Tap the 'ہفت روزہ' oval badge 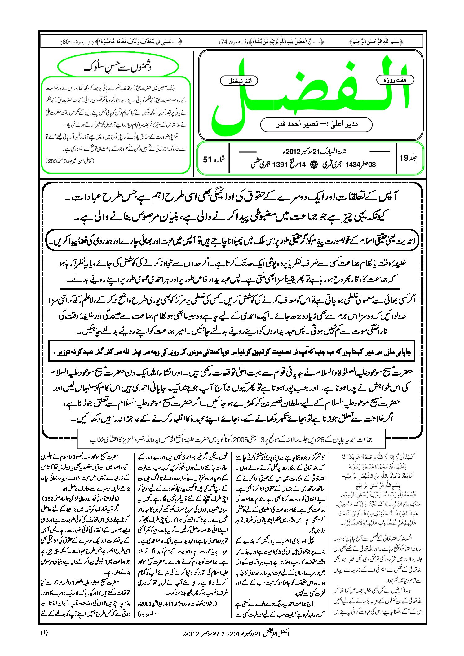point(395,80)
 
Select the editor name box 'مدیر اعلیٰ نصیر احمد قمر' point(316,125)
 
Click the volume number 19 point(404,158)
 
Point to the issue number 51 point(207,160)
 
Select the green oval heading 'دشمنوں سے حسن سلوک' point(118,67)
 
